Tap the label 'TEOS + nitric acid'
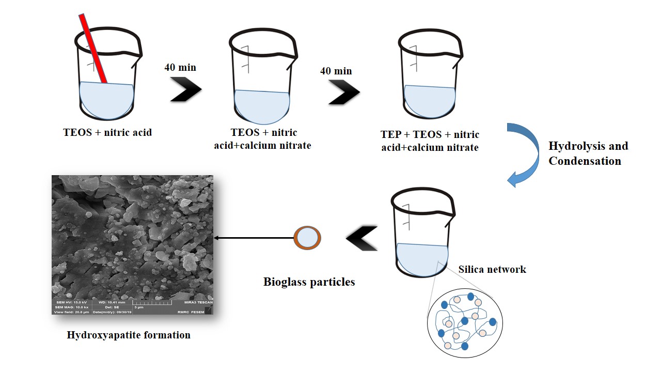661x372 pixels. coord(107,132)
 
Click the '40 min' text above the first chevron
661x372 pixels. coord(180,67)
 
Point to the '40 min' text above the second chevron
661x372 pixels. coord(336,70)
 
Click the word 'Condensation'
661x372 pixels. coord(585,161)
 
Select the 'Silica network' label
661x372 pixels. coord(492,269)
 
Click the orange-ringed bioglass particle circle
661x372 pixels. coord(307,238)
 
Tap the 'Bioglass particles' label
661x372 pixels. coord(309,282)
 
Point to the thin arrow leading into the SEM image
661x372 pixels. coord(253,238)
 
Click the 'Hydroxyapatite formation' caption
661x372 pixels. coord(129,335)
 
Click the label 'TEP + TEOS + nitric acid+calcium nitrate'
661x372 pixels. coord(430,141)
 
